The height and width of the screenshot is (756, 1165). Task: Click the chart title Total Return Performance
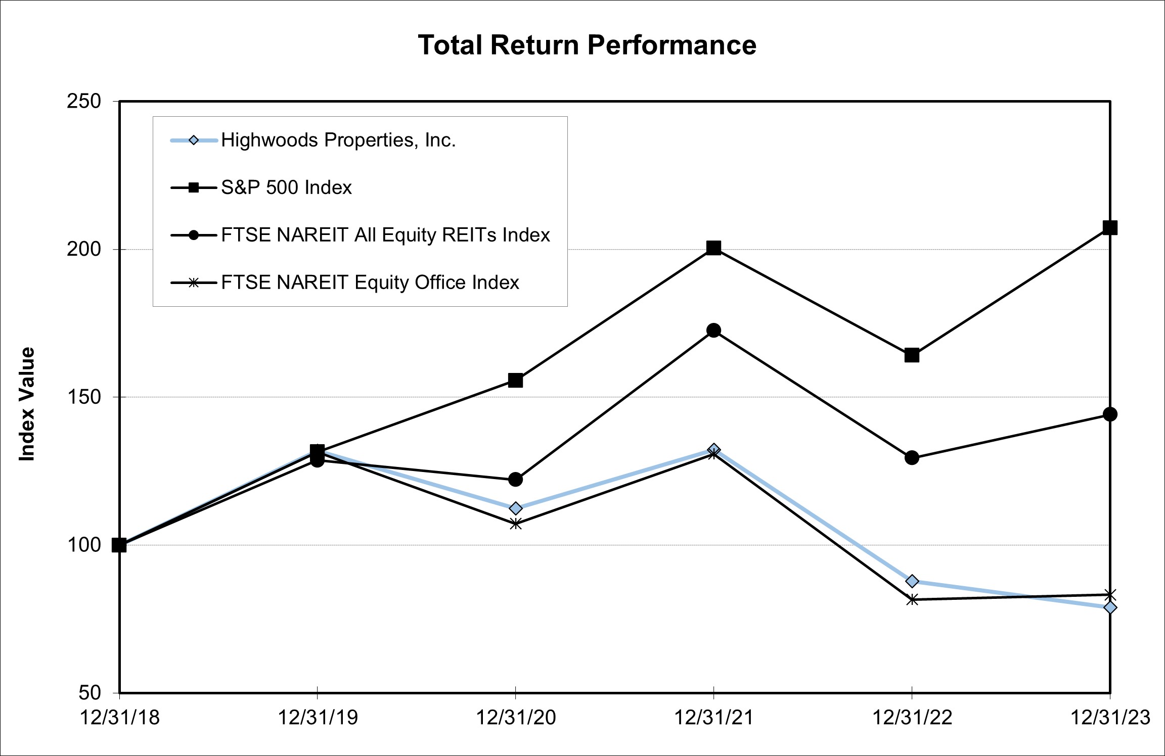click(x=587, y=45)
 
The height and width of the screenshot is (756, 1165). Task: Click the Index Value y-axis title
click(x=27, y=404)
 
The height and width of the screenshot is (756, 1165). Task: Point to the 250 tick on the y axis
click(x=84, y=102)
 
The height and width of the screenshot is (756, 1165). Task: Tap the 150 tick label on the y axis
click(x=84, y=397)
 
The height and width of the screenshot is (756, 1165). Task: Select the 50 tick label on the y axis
click(x=89, y=692)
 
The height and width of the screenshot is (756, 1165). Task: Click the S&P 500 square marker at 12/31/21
click(x=713, y=248)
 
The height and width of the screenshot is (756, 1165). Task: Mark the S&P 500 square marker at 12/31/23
click(x=1110, y=228)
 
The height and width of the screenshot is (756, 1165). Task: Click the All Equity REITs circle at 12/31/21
click(x=713, y=330)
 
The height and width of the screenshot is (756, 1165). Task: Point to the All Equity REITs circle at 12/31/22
click(x=912, y=458)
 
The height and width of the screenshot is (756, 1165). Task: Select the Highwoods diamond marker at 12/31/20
click(x=515, y=508)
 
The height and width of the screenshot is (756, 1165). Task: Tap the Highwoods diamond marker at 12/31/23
click(x=1110, y=607)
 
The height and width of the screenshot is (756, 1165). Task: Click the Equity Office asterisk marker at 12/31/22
click(x=912, y=600)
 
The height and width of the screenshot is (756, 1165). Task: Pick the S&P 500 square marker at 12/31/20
click(x=515, y=381)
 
